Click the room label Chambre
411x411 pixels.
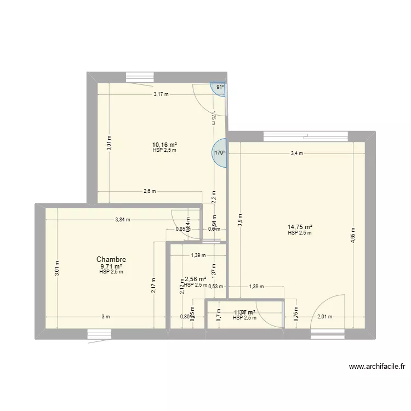click(x=111, y=259)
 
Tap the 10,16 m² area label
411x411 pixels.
click(x=164, y=145)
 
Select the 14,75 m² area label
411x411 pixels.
click(x=300, y=227)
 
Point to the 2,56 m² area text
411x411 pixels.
click(x=195, y=279)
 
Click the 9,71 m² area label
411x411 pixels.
click(x=111, y=266)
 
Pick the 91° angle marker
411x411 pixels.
click(x=219, y=87)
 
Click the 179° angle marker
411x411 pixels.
click(x=220, y=153)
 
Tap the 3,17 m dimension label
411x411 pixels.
click(x=161, y=94)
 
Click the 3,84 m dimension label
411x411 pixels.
click(x=123, y=220)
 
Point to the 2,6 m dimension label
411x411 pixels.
click(x=150, y=191)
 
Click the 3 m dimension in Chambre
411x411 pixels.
click(x=105, y=317)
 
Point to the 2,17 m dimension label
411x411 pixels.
click(x=154, y=286)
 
